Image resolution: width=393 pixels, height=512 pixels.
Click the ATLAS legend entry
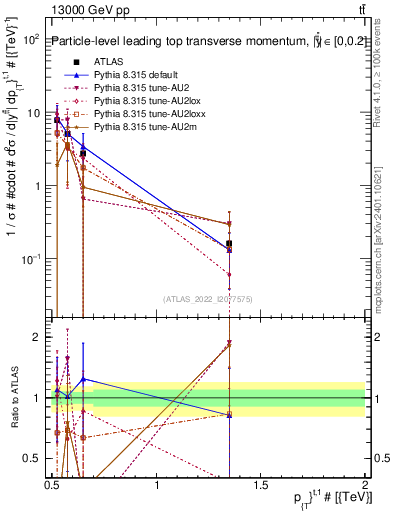pyautogui.click(x=109, y=62)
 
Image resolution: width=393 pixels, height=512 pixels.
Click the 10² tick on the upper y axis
pyautogui.click(x=30, y=39)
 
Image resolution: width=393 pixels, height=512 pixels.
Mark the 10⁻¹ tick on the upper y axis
pyautogui.click(x=30, y=259)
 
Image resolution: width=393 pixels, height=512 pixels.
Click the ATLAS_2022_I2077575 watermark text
pyautogui.click(x=207, y=298)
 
